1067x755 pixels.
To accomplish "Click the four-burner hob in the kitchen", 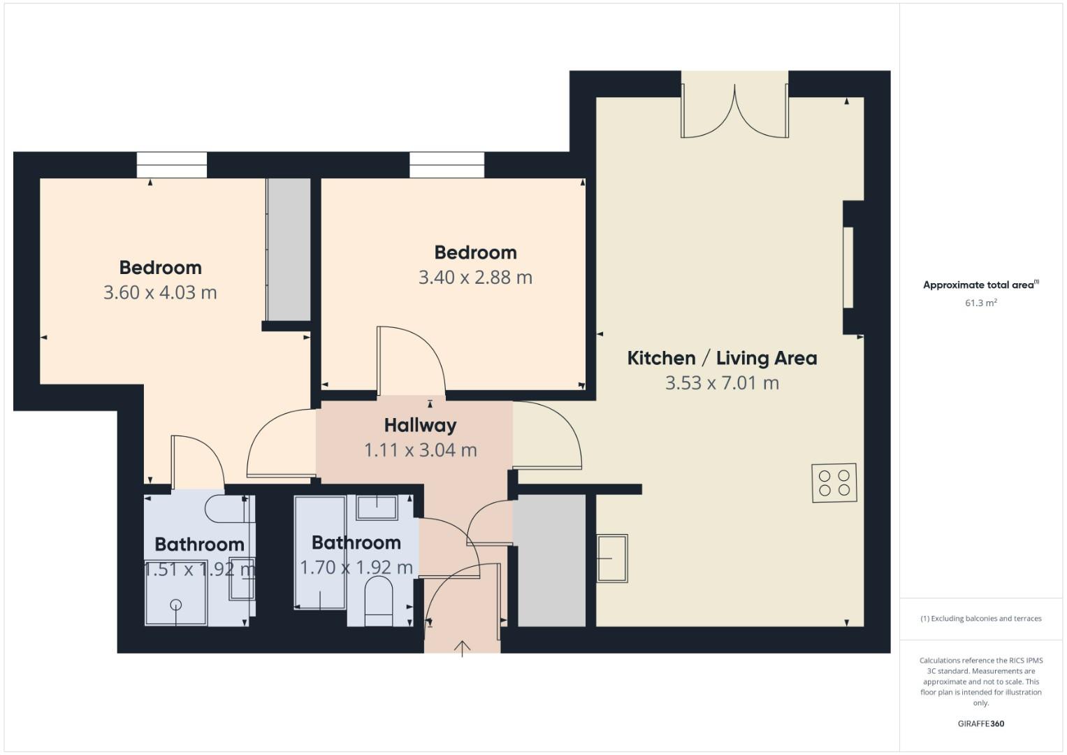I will click(834, 483).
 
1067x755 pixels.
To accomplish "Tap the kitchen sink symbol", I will click(612, 559).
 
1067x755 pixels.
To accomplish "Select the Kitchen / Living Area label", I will click(722, 358).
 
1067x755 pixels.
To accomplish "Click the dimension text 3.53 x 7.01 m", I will click(722, 383).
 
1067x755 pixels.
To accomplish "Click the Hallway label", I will click(420, 425).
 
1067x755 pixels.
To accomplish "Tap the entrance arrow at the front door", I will click(462, 648).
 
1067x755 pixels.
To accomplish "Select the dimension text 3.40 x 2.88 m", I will click(475, 278).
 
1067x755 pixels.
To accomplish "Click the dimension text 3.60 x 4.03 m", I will click(160, 292).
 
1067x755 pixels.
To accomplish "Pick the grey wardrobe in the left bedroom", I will click(289, 250).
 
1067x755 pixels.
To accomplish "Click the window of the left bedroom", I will click(172, 165).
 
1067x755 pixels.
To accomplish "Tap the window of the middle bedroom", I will click(447, 165).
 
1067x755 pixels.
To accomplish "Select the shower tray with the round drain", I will click(175, 593).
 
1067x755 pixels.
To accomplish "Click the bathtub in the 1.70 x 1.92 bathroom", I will click(320, 552).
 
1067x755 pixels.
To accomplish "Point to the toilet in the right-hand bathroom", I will click(379, 601).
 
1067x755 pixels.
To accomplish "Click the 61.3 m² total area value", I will click(980, 303).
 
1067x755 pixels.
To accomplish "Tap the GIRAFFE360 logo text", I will click(980, 724).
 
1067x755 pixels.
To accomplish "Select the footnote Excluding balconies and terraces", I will click(980, 619).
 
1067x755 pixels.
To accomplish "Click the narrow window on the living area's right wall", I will click(848, 267).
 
